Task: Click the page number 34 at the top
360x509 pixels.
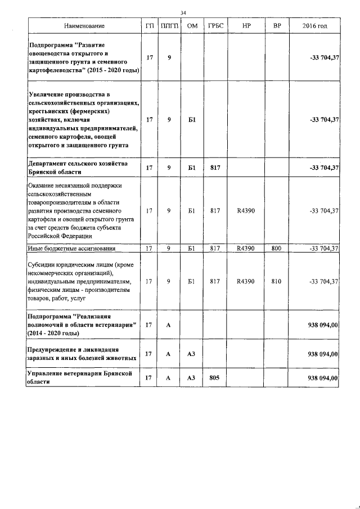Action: point(183,13)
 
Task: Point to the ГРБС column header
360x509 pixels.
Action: point(214,26)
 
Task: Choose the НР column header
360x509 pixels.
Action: point(246,26)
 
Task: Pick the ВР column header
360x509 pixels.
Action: point(276,26)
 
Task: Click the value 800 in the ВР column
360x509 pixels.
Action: point(276,248)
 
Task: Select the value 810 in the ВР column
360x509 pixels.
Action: point(276,281)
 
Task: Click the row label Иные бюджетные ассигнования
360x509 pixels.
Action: point(72,248)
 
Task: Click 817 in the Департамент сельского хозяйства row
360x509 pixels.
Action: point(214,168)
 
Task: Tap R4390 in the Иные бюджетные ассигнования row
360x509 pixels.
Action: point(246,248)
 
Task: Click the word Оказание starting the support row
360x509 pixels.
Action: point(42,185)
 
